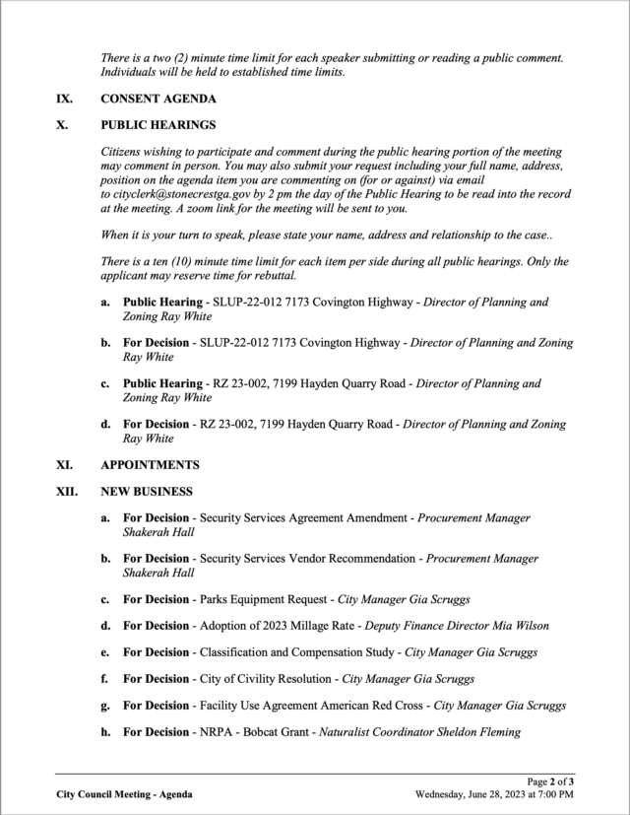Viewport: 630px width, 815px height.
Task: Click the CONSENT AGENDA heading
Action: (x=158, y=100)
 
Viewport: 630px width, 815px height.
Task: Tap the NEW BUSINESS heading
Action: (x=147, y=491)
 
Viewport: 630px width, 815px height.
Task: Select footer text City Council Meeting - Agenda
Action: (x=124, y=793)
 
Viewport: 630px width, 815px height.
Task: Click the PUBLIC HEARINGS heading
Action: (x=157, y=126)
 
